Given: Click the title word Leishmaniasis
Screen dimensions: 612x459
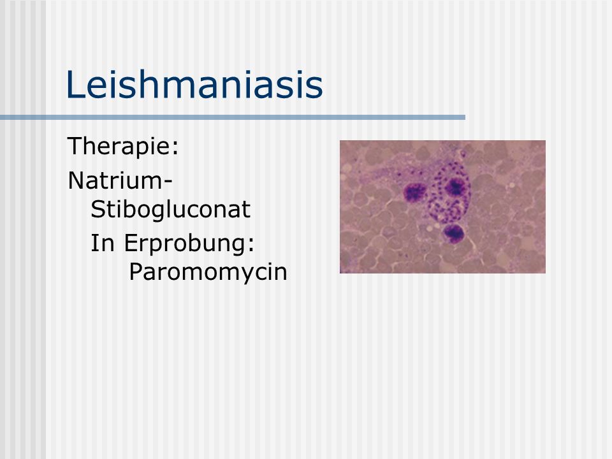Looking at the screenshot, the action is [x=194, y=84].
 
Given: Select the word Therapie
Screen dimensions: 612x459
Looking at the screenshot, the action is [x=120, y=147].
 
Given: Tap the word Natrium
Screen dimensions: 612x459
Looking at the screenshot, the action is [x=115, y=180].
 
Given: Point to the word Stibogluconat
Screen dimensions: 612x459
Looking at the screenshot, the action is [x=171, y=210].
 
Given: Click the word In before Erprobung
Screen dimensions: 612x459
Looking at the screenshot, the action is [x=102, y=243].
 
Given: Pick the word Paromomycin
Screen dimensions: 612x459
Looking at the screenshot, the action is [x=208, y=272].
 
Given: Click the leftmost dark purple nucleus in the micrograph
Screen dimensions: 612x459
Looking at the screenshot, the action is [x=415, y=192].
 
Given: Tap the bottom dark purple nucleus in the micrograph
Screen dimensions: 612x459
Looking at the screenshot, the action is [x=453, y=233].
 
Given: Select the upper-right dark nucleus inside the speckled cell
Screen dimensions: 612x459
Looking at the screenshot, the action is [x=455, y=187].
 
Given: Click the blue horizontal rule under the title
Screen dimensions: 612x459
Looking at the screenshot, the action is [x=233, y=117].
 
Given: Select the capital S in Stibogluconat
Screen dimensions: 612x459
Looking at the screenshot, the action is [x=98, y=210].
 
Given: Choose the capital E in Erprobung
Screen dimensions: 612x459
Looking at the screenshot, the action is [x=130, y=243].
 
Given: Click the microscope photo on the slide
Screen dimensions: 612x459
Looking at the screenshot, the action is [x=442, y=207].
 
